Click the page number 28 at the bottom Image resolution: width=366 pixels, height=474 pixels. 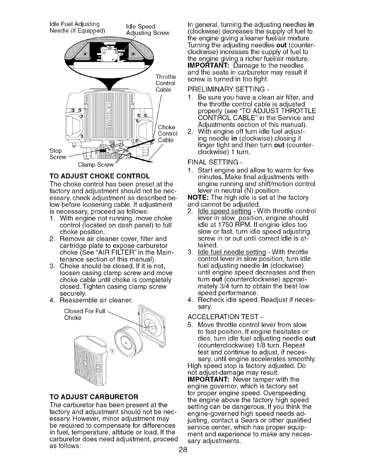coord(183,450)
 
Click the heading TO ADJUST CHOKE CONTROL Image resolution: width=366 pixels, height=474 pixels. coord(100,177)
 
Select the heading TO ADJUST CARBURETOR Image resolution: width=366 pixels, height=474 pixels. coord(94,396)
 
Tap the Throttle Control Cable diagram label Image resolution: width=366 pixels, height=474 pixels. coord(165,83)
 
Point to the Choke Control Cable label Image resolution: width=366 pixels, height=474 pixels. coord(167,134)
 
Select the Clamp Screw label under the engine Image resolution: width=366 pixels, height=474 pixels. coord(96,165)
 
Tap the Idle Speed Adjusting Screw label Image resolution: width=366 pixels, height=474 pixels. coord(147,30)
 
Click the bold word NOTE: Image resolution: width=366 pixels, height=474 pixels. coord(198,197)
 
